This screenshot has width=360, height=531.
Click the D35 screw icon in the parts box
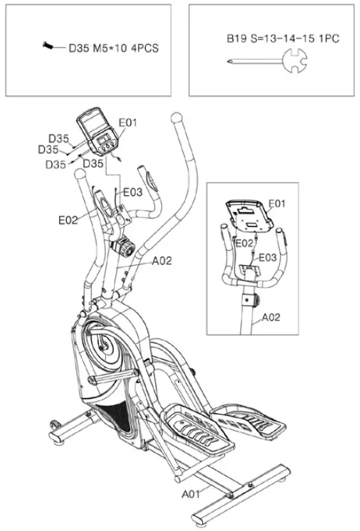pos(48,45)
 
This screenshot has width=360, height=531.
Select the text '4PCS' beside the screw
pos(144,48)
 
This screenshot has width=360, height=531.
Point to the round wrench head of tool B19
pos(295,60)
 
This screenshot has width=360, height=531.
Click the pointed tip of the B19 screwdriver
pos(228,61)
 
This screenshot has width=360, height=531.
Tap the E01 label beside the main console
pos(128,122)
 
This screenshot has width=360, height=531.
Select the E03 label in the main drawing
pos(132,193)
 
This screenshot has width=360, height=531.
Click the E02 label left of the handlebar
pos(68,220)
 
